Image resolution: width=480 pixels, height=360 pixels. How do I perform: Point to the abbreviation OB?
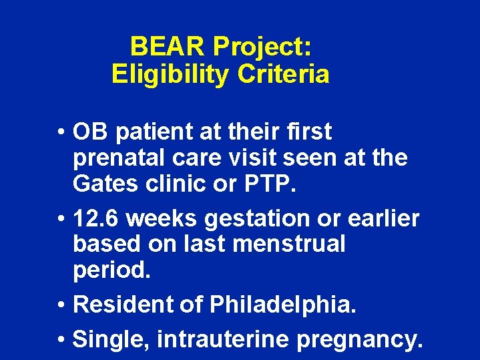91,132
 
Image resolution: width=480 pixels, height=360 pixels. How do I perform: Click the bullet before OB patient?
61,133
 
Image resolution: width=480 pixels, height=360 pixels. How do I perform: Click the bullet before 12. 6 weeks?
61,218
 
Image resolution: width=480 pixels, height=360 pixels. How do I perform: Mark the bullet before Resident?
61,305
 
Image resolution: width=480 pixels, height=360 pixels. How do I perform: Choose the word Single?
111,339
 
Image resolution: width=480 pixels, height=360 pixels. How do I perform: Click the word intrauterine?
223,339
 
